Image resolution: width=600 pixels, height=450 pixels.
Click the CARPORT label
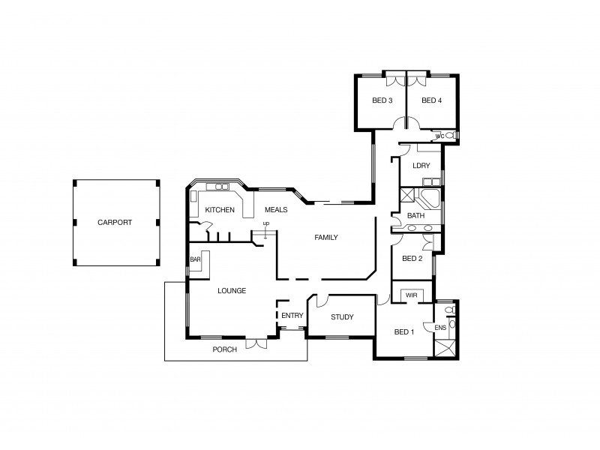[x=115, y=223]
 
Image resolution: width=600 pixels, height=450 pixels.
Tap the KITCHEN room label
[x=220, y=210]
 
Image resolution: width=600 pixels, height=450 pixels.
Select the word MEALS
[x=276, y=210]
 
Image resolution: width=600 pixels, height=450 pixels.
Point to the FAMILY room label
[x=325, y=238]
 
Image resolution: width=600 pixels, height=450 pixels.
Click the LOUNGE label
[x=232, y=290]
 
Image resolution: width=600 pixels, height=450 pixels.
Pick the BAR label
[x=195, y=259]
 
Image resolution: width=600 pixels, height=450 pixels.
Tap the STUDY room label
[x=341, y=317]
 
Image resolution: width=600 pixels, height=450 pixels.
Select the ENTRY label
[x=292, y=316]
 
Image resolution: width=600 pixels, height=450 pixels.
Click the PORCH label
[x=225, y=349]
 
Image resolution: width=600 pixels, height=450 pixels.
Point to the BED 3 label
[x=382, y=100]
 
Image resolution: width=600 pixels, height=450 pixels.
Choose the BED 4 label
[x=431, y=100]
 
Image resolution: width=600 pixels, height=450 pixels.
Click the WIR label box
[x=411, y=295]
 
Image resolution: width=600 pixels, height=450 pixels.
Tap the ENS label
[x=439, y=328]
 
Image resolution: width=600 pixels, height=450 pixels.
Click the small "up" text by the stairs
[x=265, y=223]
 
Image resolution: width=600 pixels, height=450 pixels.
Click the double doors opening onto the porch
[x=256, y=342]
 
